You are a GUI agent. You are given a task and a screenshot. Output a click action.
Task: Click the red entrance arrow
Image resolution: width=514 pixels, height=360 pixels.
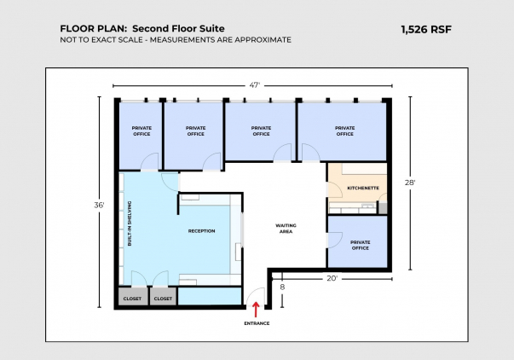256,310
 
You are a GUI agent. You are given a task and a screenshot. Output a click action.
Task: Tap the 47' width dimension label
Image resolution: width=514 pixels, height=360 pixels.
254,85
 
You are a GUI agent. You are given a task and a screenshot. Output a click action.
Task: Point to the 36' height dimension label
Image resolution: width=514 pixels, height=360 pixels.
99,205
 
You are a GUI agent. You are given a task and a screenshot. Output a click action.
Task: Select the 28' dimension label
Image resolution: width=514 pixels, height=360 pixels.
410,183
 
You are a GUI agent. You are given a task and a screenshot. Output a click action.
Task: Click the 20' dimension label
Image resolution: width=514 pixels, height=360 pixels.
332,278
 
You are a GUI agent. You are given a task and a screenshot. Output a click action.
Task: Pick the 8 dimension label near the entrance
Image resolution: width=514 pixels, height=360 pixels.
282,287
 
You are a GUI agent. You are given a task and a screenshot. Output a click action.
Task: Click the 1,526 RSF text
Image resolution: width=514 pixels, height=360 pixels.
426,30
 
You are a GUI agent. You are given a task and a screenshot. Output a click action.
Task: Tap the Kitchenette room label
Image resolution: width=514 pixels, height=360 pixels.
363,188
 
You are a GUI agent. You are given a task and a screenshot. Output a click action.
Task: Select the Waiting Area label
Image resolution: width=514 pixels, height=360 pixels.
286,229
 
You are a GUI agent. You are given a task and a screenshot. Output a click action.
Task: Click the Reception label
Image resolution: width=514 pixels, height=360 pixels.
202,231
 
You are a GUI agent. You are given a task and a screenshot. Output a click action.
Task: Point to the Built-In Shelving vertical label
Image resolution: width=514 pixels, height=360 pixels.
130,224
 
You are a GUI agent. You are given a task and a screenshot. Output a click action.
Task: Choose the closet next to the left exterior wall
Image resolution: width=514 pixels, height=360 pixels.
132,296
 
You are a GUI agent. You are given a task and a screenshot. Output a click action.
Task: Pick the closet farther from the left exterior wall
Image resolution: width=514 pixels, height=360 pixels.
163,296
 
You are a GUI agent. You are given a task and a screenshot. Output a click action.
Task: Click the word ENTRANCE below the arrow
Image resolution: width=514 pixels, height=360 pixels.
257,323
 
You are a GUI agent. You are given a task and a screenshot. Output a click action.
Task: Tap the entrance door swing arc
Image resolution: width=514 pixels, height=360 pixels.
256,296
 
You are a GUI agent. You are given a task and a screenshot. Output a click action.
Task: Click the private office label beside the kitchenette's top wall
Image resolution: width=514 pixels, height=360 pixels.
345,131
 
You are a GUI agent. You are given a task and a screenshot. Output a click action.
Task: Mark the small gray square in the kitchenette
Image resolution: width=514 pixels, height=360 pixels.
383,208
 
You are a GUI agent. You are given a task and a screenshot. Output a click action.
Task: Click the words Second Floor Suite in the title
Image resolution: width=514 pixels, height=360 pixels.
178,28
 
